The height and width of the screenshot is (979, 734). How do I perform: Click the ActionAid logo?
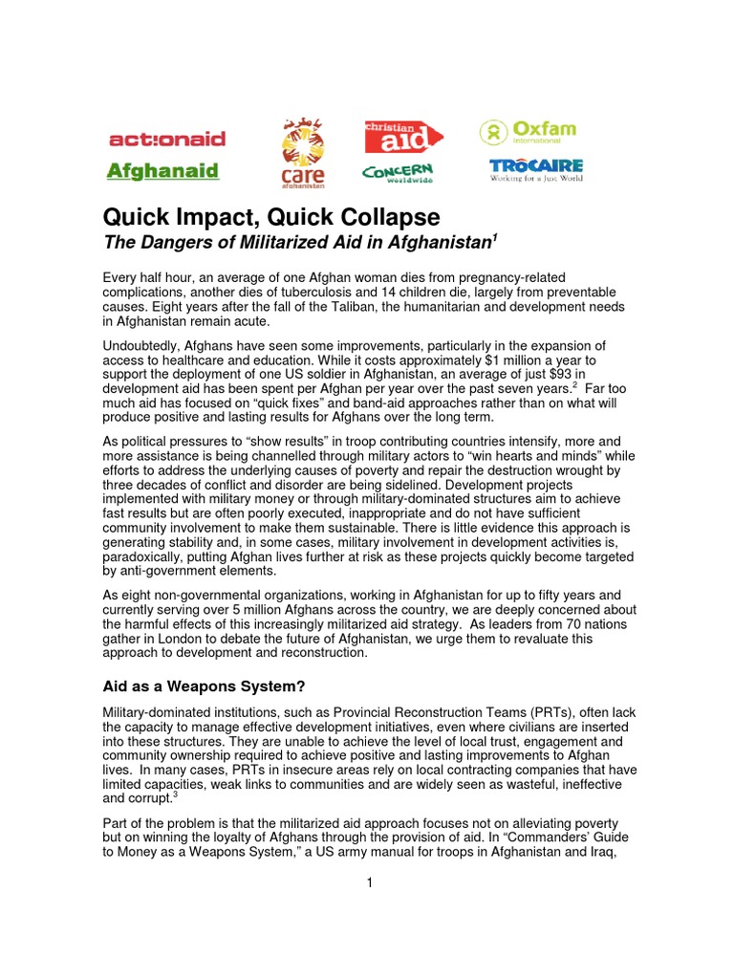(168, 139)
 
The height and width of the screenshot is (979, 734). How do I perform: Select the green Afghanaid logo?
(162, 172)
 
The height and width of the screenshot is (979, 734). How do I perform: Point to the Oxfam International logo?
(529, 131)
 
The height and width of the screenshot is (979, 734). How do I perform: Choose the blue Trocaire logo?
(535, 170)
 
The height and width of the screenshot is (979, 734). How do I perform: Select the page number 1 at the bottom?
(367, 882)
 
